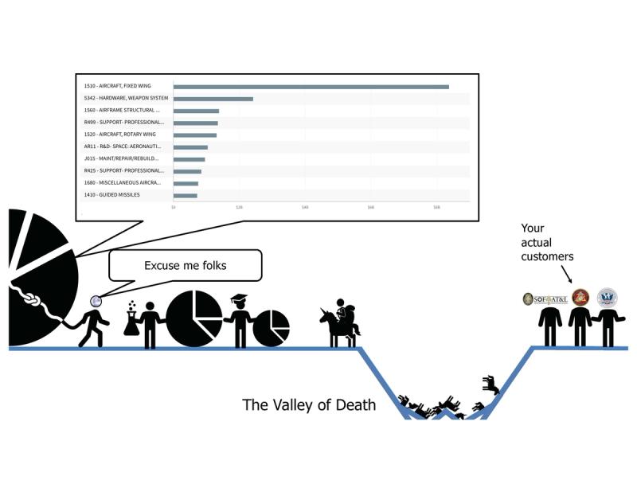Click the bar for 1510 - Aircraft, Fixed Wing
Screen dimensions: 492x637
[x=311, y=86]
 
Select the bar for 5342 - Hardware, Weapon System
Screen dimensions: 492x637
[x=213, y=99]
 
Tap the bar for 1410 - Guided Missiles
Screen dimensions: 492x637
[x=185, y=195]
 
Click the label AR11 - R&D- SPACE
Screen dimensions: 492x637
[x=123, y=146]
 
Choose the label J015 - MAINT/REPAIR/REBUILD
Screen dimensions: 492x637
[x=123, y=158]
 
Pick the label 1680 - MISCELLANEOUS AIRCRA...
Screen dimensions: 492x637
[x=123, y=182]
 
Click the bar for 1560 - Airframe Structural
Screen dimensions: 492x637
[x=196, y=111]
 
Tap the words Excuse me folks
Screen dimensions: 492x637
[x=185, y=265]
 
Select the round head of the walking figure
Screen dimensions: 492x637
[x=96, y=301]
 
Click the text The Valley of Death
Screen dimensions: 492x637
[x=308, y=405]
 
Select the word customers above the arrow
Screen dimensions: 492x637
[x=547, y=256]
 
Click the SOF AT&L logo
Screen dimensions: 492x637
[x=545, y=299]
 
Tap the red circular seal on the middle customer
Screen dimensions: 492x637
[x=580, y=298]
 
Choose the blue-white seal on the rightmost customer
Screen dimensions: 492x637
[x=608, y=298]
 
